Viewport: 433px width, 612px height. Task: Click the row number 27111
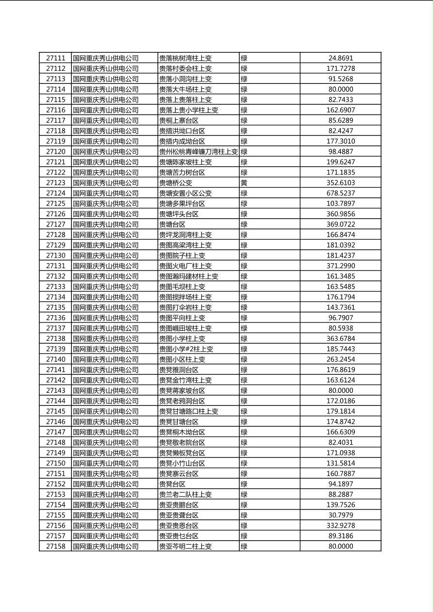(55, 58)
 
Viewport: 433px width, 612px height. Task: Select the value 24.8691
(341, 58)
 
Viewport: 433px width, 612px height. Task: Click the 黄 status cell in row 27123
(244, 183)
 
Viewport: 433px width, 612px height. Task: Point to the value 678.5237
(341, 193)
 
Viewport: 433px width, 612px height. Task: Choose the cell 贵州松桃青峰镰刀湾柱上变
(198, 151)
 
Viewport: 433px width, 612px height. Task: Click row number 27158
(55, 546)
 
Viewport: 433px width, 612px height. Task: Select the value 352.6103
(341, 183)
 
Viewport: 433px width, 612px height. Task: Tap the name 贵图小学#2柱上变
(186, 349)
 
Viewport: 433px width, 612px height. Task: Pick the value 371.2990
(341, 266)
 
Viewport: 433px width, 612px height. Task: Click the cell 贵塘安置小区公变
(185, 193)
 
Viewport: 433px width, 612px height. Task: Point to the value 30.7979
(341, 515)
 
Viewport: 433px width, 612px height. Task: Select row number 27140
(55, 359)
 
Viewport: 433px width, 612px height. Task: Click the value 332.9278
(341, 525)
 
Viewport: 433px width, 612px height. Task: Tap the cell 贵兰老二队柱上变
(185, 494)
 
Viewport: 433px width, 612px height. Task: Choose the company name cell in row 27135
(106, 307)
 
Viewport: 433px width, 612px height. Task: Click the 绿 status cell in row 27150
(244, 463)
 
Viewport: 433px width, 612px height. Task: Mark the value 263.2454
(341, 359)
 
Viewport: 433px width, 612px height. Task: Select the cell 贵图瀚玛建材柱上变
(189, 276)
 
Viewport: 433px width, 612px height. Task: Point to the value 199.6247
(341, 162)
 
